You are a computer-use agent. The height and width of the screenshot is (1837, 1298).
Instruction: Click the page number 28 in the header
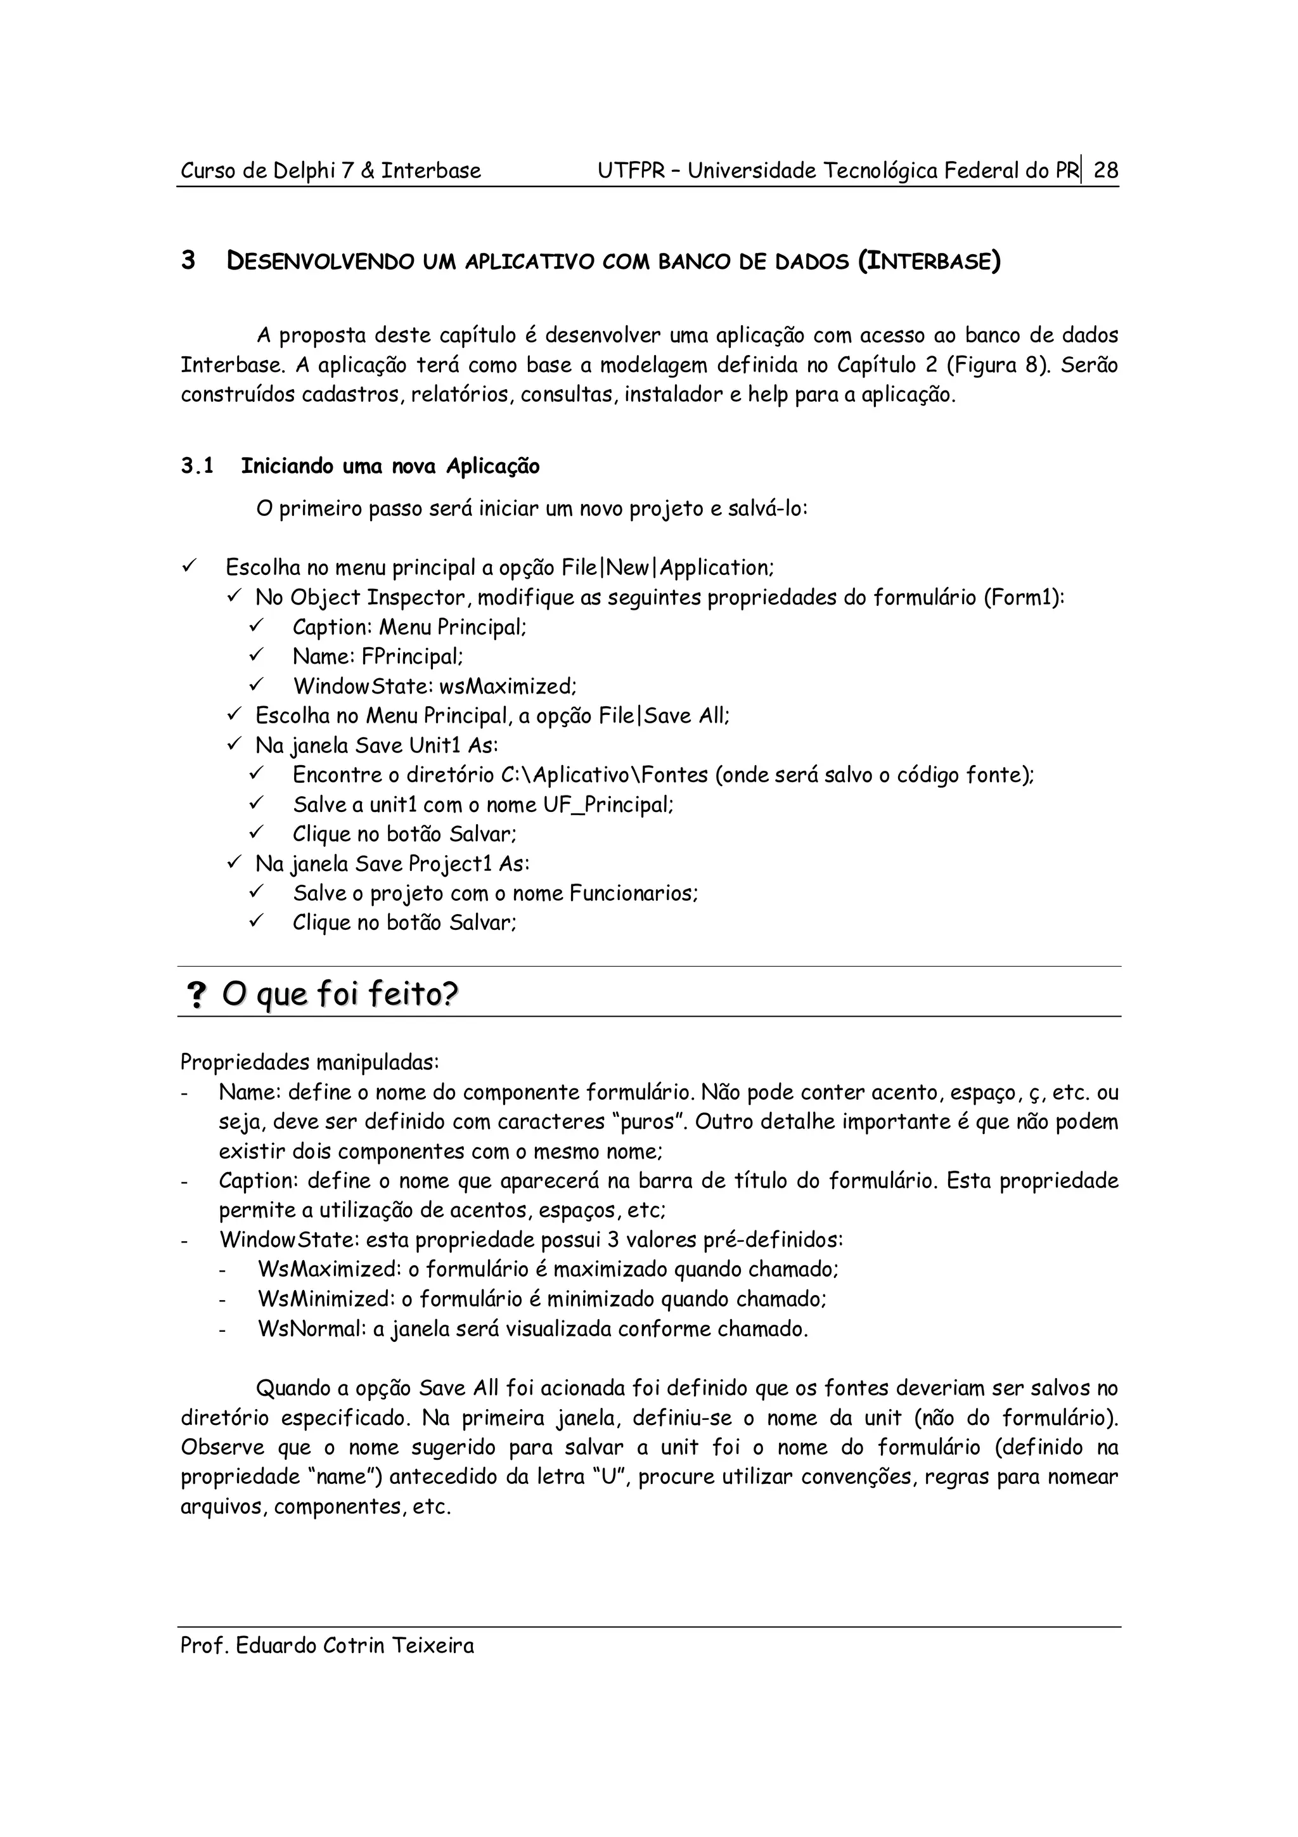click(1105, 171)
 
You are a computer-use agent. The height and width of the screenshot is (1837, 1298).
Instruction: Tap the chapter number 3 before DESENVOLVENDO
click(188, 261)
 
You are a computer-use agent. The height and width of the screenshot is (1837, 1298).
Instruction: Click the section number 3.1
click(196, 467)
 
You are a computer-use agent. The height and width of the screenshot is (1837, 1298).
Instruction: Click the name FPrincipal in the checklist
click(411, 657)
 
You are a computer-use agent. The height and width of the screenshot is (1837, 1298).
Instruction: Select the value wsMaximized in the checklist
click(507, 686)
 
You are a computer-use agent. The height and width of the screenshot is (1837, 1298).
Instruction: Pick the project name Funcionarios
click(633, 894)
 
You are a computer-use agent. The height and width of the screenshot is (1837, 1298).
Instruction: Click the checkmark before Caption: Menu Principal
click(257, 626)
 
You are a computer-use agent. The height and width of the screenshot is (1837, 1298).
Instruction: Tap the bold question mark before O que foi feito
click(195, 995)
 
